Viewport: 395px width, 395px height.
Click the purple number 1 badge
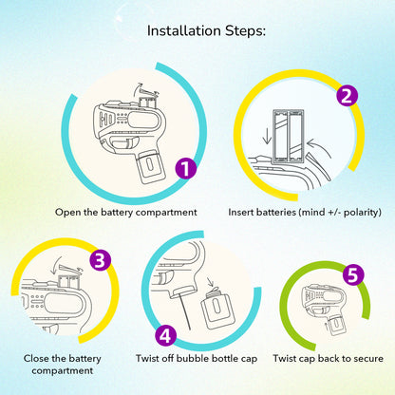coord(186,168)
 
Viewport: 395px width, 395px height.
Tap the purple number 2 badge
coord(347,96)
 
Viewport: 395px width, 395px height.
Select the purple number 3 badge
coord(100,260)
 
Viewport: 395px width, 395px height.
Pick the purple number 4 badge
coord(166,335)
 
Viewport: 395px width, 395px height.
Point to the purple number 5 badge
coord(353,274)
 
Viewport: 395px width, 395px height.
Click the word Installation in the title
coord(184,30)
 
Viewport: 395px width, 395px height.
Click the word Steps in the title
coord(245,31)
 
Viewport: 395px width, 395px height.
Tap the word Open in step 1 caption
coord(67,213)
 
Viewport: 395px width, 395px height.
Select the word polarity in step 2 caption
coord(363,212)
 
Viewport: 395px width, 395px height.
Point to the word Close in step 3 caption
coord(36,358)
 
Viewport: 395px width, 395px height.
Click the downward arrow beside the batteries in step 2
coord(268,135)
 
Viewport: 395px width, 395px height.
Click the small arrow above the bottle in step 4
coord(210,282)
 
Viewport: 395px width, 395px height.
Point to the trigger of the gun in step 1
coord(122,143)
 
